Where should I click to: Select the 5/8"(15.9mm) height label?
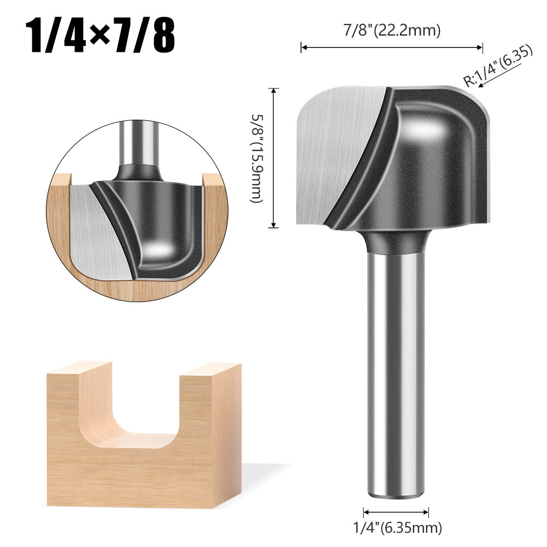click(256, 158)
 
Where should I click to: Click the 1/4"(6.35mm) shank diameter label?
click(396, 527)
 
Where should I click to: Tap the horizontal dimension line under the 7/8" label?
click(392, 48)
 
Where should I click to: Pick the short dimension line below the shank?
click(396, 512)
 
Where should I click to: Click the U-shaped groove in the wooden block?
click(131, 415)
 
